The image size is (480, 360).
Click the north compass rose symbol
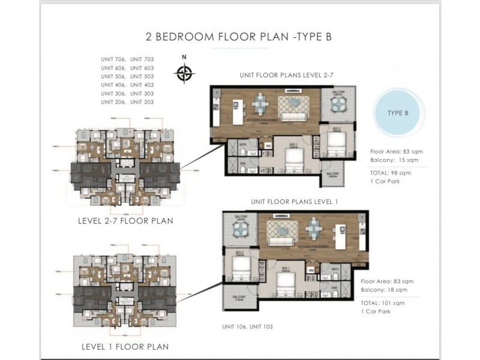click(185, 73)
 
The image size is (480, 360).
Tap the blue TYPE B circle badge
click(398, 113)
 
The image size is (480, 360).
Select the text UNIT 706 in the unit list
click(112, 59)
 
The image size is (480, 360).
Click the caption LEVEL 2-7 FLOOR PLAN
click(125, 221)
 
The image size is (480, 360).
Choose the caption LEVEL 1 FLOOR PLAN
click(125, 347)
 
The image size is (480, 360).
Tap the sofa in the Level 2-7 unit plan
click(295, 116)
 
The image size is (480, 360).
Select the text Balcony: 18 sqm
click(384, 290)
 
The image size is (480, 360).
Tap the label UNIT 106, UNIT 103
click(248, 327)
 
